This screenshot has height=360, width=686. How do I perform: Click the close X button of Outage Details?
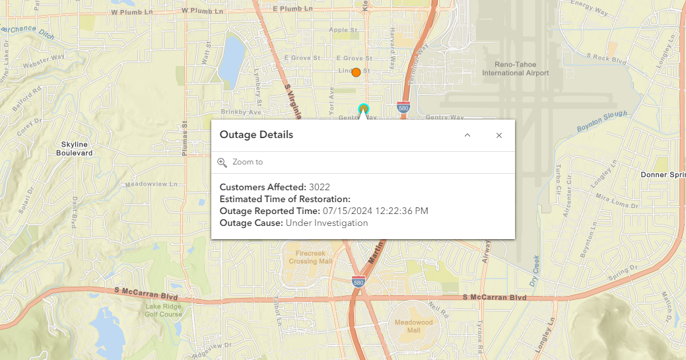499,135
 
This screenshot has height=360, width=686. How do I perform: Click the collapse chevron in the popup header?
467,135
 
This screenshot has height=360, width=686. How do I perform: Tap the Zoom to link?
247,162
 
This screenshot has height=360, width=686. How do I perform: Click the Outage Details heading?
256,135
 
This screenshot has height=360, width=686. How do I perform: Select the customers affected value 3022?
319,187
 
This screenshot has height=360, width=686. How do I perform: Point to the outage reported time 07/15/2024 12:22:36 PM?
375,211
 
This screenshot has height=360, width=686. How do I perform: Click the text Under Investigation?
327,223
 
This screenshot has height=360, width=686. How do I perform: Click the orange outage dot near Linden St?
356,72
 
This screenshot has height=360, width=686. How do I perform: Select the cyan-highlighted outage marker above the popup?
362,108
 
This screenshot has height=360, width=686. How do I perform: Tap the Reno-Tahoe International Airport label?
516,69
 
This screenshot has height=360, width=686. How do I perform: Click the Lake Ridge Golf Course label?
163,310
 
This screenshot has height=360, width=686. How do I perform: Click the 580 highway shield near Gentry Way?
403,107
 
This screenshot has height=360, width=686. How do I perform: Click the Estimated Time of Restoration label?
285,199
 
